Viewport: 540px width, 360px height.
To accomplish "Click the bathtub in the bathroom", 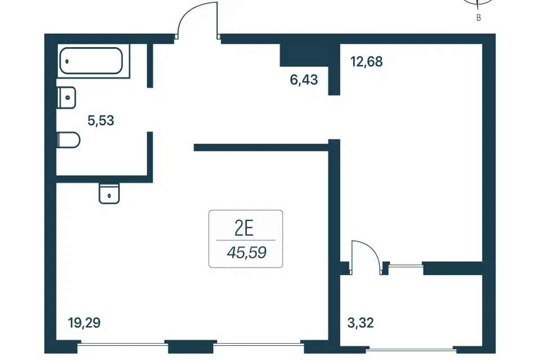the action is (91, 61).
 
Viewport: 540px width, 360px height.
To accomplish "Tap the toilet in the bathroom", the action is (69, 140).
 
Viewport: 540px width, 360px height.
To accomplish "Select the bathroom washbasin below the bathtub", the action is (67, 97).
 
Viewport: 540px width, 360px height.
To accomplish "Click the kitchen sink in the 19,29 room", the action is (109, 193).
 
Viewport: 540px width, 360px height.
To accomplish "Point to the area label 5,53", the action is (101, 120).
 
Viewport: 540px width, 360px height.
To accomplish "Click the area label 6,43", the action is (304, 80).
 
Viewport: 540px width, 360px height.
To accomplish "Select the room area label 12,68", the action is (366, 62).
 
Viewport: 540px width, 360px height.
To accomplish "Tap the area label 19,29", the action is (84, 323).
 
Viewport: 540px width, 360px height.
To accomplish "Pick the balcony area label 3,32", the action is (361, 323).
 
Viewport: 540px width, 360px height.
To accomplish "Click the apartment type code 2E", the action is (244, 228).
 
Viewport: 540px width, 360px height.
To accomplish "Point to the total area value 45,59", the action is (246, 253).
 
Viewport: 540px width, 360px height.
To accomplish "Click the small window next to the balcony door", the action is (406, 265).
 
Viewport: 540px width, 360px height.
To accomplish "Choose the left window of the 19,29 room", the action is (121, 344).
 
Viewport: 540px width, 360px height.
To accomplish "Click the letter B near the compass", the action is (478, 17).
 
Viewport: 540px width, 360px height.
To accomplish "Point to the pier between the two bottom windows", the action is (190, 346).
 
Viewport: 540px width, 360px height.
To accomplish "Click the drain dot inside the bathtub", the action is (67, 62).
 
